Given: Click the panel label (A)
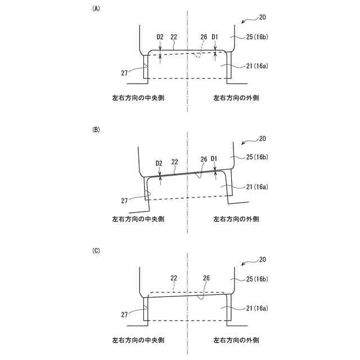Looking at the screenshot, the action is [96, 9].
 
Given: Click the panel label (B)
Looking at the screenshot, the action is [96, 129].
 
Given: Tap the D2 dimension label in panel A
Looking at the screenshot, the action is [160, 37].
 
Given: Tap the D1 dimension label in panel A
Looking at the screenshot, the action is [214, 37].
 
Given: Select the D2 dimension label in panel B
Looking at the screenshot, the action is [159, 163].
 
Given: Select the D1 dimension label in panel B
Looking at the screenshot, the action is [214, 159].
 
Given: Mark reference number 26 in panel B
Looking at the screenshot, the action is [204, 159].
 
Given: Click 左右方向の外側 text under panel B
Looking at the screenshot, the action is [236, 219].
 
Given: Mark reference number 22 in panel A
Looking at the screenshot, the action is [174, 37].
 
